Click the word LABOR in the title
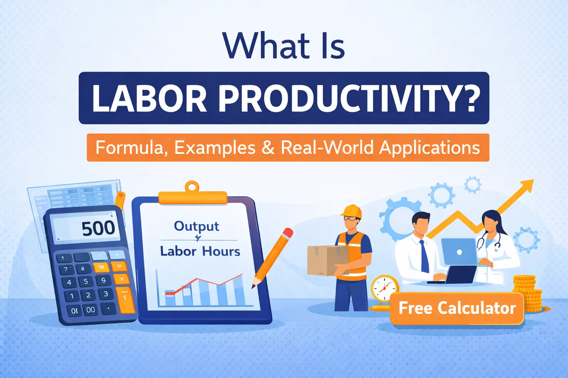(x=149, y=99)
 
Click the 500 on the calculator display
(x=98, y=228)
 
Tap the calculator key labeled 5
(x=86, y=281)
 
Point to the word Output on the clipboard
(x=196, y=226)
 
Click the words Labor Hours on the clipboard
(x=200, y=251)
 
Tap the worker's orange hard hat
(x=351, y=211)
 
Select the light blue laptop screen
(x=459, y=252)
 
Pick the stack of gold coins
(x=527, y=293)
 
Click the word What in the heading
(x=267, y=46)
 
